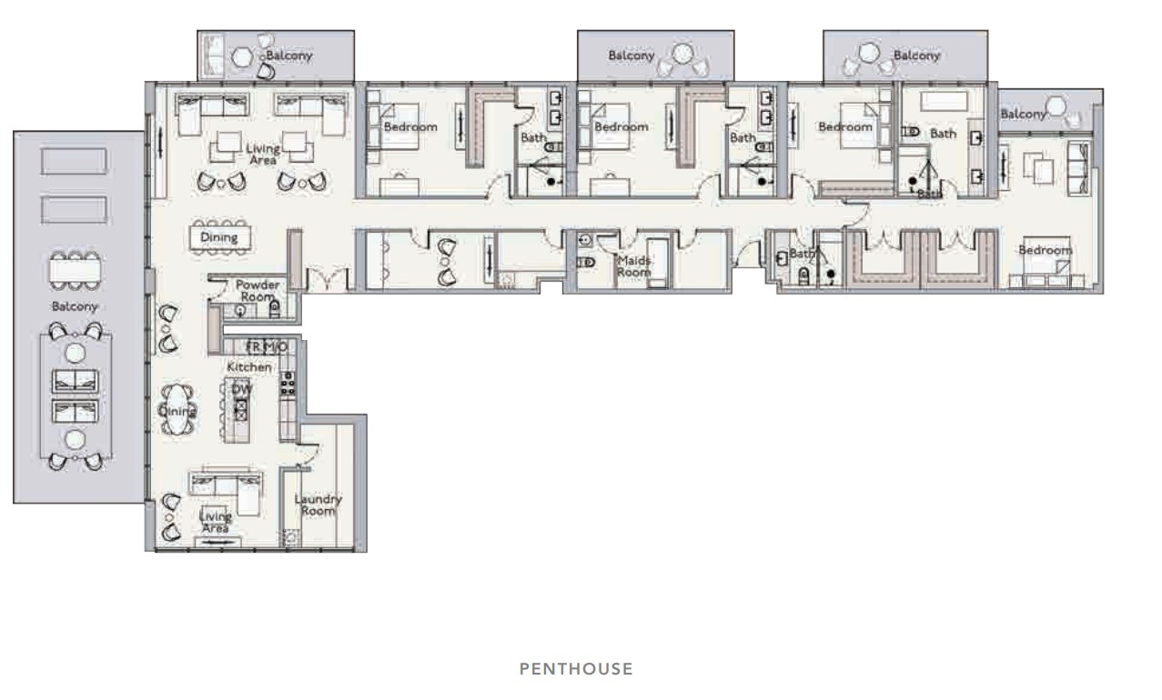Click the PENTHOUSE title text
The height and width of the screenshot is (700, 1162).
(x=576, y=669)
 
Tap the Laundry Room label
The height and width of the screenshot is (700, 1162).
(x=318, y=505)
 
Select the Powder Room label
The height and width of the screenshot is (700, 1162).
(x=258, y=291)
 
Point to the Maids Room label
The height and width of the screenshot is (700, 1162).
(x=633, y=266)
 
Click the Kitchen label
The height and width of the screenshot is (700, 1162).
(x=249, y=367)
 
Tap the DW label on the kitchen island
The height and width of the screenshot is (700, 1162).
(x=242, y=389)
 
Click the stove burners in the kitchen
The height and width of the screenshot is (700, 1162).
(x=288, y=384)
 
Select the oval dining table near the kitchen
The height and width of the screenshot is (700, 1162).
(x=177, y=410)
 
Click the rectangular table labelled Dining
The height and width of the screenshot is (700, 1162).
(x=220, y=237)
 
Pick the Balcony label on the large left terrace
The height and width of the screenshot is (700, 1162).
(x=75, y=306)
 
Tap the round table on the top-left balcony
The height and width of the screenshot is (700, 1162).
(x=242, y=57)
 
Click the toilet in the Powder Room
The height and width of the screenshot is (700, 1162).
(x=275, y=309)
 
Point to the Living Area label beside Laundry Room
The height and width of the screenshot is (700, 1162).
(x=216, y=522)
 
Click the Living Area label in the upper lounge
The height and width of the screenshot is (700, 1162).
(x=263, y=154)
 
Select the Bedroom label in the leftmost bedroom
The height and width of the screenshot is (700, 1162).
(x=410, y=127)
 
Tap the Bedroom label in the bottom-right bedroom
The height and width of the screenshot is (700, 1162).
(x=1046, y=250)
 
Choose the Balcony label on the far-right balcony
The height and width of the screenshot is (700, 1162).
(x=1023, y=114)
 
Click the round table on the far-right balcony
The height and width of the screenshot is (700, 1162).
(x=1056, y=106)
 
